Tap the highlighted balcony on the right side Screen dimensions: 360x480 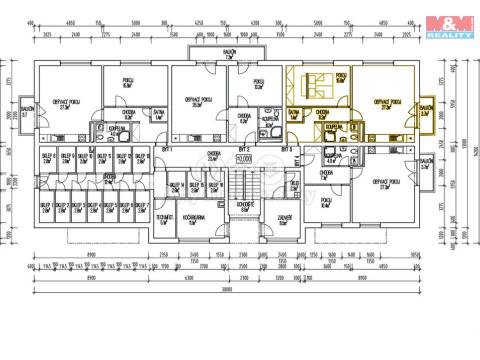[426, 111]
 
